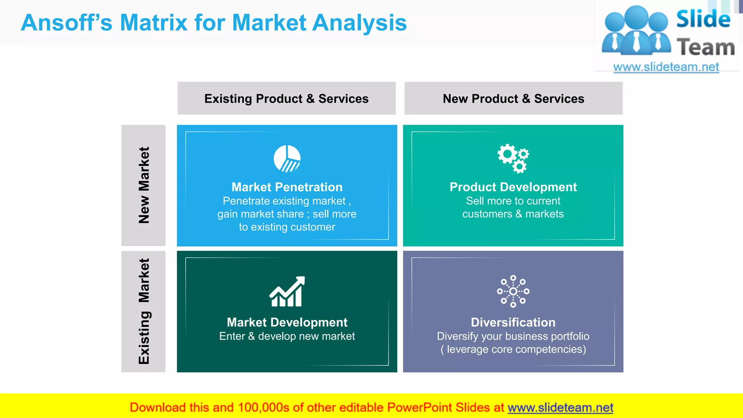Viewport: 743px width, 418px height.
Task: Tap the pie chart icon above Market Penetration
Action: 287,159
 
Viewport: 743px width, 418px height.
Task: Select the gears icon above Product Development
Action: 513,158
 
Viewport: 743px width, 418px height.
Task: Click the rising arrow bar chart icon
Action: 287,291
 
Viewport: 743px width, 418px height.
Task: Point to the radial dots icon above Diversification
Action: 513,291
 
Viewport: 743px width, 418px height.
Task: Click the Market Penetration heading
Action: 287,187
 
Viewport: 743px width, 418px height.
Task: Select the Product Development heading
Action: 513,187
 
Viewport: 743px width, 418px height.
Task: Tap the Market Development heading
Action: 287,322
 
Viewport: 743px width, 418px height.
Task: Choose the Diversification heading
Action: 513,322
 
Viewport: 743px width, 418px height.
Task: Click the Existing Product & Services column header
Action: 286,98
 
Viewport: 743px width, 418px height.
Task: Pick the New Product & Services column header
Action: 513,98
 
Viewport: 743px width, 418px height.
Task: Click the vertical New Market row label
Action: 144,185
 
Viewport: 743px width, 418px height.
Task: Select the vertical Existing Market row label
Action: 144,311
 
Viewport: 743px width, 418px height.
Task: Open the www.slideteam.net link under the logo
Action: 666,67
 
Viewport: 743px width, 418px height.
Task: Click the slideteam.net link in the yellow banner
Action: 560,407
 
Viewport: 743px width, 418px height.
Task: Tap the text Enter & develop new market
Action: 287,336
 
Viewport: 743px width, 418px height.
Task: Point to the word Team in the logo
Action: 706,48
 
